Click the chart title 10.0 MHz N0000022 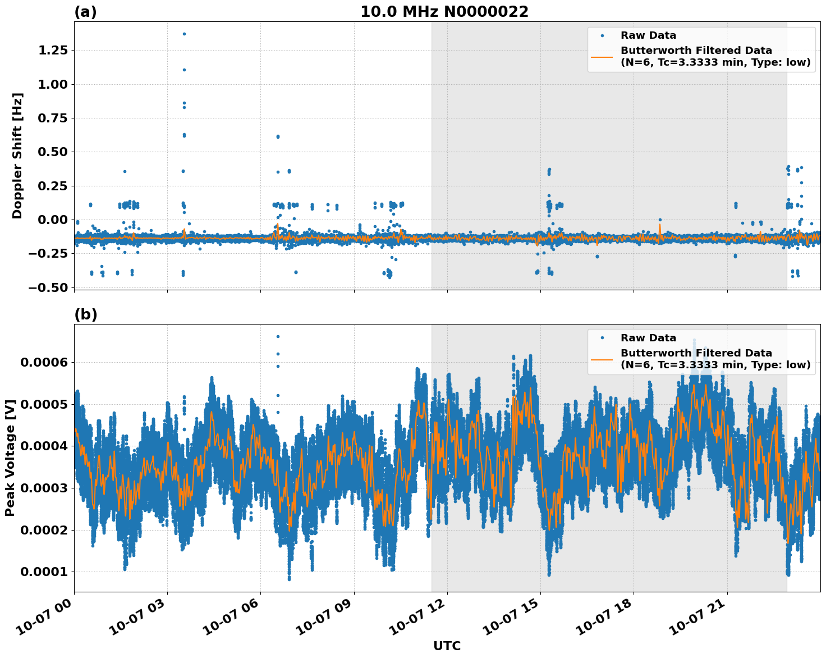click(x=444, y=12)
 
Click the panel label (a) click(x=85, y=12)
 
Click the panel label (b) click(x=85, y=314)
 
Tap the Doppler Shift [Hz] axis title click(x=17, y=156)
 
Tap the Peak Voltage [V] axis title click(x=10, y=458)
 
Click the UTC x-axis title click(x=447, y=646)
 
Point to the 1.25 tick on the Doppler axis click(x=52, y=51)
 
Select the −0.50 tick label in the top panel click(x=48, y=287)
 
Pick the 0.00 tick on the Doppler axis click(x=52, y=220)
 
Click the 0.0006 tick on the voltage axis click(x=44, y=362)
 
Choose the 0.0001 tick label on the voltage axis click(x=44, y=572)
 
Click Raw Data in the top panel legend click(x=648, y=36)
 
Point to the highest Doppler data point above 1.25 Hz click(x=184, y=34)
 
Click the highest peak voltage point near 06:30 click(x=278, y=336)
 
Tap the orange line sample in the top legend click(x=602, y=56)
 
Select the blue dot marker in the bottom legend click(x=602, y=338)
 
